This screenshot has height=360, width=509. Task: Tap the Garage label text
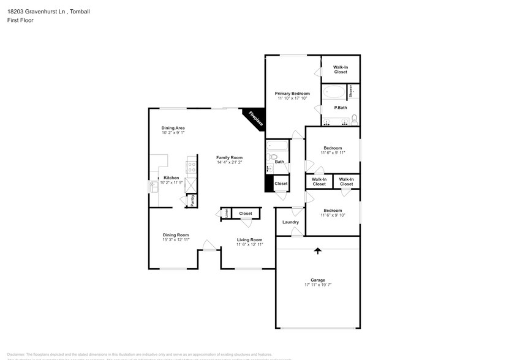click(x=317, y=280)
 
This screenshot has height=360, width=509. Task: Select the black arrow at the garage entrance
click(x=317, y=250)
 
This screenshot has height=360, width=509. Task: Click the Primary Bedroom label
click(x=291, y=93)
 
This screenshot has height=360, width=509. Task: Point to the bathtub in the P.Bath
click(x=334, y=92)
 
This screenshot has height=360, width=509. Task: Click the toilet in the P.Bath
click(x=354, y=118)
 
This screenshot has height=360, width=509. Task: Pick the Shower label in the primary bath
click(x=351, y=91)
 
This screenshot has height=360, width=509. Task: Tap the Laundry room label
click(x=290, y=222)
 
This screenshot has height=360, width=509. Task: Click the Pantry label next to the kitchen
click(x=192, y=200)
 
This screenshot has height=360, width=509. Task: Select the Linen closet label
click(x=226, y=213)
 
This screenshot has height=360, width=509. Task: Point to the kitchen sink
click(x=153, y=187)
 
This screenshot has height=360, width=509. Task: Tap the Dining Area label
click(x=173, y=128)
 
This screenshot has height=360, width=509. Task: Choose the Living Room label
click(x=249, y=239)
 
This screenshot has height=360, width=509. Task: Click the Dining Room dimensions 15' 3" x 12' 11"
click(x=175, y=240)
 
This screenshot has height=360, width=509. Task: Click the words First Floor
click(x=20, y=20)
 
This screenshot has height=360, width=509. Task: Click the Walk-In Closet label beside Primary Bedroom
click(x=340, y=69)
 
